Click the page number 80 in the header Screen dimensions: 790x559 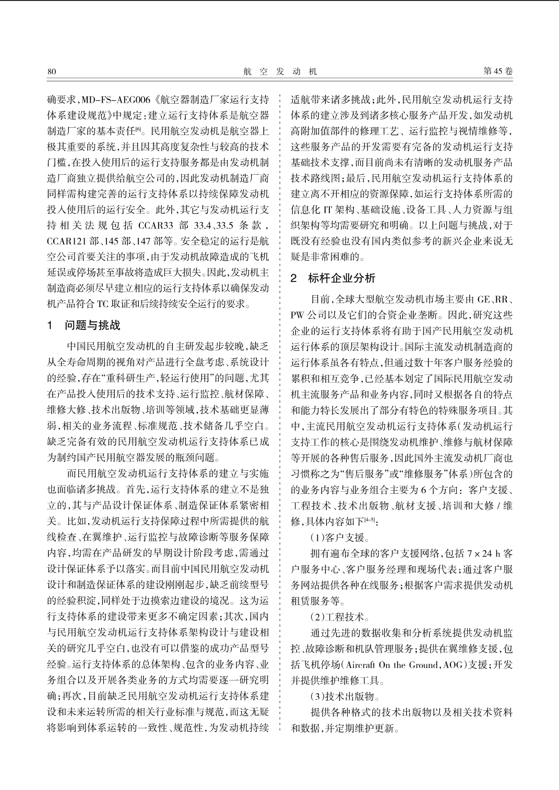point(51,71)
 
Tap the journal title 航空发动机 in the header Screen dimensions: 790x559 point(280,71)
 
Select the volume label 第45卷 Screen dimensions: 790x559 point(497,71)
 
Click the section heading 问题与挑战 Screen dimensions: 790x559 point(92,325)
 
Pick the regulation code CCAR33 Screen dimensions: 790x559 point(156,226)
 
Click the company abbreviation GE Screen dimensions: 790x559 point(483,299)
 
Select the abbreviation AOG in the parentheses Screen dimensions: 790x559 point(451,665)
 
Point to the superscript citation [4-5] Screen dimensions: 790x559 point(368,519)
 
